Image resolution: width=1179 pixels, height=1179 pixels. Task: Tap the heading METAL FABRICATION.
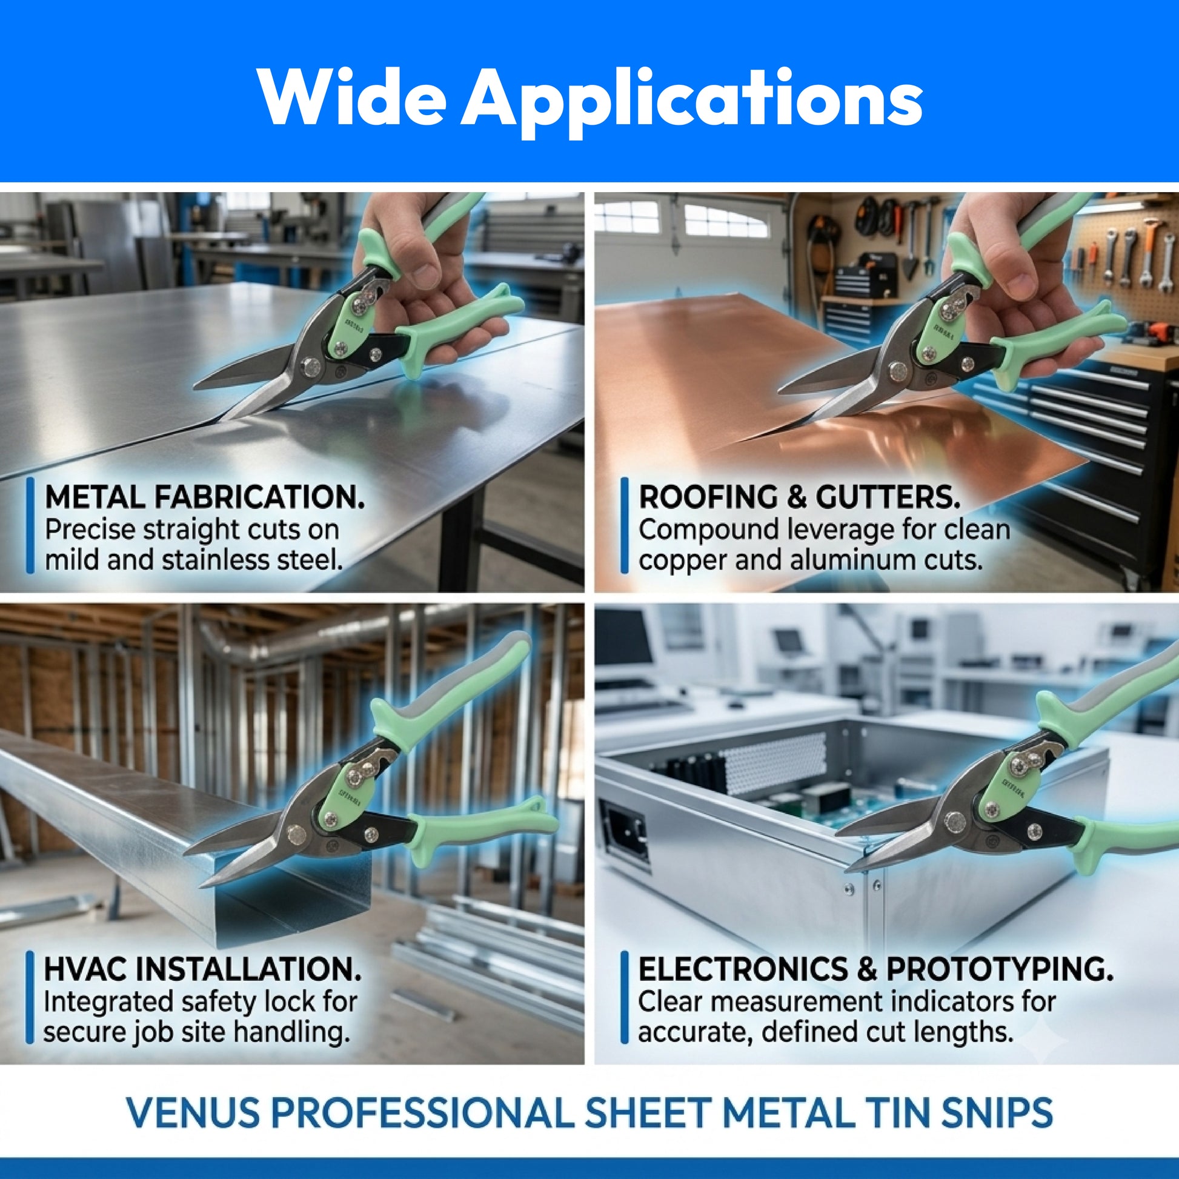click(x=204, y=497)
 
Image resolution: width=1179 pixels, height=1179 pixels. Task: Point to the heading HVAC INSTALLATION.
click(x=202, y=968)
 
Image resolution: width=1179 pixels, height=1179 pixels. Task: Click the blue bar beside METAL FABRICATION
click(x=29, y=526)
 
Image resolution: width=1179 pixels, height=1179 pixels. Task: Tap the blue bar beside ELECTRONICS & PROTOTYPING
click(x=623, y=998)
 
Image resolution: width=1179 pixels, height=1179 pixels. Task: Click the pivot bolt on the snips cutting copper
click(x=898, y=371)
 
